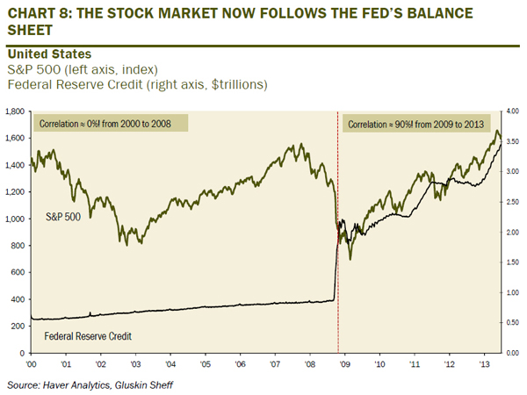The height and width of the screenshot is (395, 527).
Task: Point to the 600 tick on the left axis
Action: click(18, 272)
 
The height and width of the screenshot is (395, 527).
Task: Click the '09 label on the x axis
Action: click(343, 363)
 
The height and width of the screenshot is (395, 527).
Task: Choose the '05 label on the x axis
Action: click(205, 363)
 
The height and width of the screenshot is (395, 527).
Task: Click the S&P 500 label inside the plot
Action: click(62, 215)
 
